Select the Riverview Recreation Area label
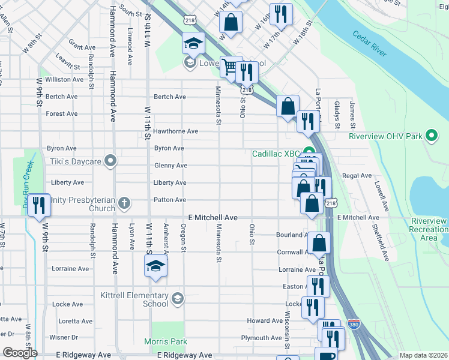(x=429, y=230)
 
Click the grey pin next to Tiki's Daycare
(x=110, y=160)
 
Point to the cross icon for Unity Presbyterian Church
(x=124, y=203)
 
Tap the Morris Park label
(x=166, y=341)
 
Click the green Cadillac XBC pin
(x=309, y=152)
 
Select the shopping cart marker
(x=231, y=67)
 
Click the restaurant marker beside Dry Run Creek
(x=40, y=205)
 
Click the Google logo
(x=20, y=352)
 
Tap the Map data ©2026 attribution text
(x=423, y=355)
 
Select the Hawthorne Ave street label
(x=175, y=131)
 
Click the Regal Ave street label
(x=357, y=176)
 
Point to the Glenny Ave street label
(x=170, y=166)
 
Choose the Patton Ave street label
(x=170, y=200)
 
